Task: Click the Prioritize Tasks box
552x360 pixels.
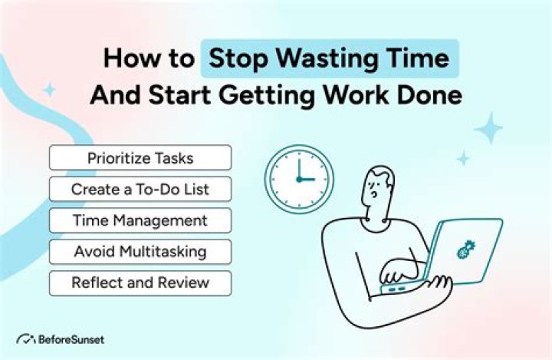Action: (140, 157)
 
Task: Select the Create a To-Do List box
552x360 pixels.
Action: (140, 189)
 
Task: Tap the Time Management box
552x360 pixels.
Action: (140, 220)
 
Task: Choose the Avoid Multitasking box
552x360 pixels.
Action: (140, 251)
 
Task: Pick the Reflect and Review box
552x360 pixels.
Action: (140, 282)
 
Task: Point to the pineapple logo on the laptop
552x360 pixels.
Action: (465, 249)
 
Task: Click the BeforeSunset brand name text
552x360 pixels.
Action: (74, 339)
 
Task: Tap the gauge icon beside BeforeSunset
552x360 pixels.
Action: (26, 339)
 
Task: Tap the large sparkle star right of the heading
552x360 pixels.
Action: (488, 128)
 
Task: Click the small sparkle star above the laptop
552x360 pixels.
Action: (463, 159)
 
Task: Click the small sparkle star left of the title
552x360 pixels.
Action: (49, 90)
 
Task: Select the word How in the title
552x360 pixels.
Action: (129, 59)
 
